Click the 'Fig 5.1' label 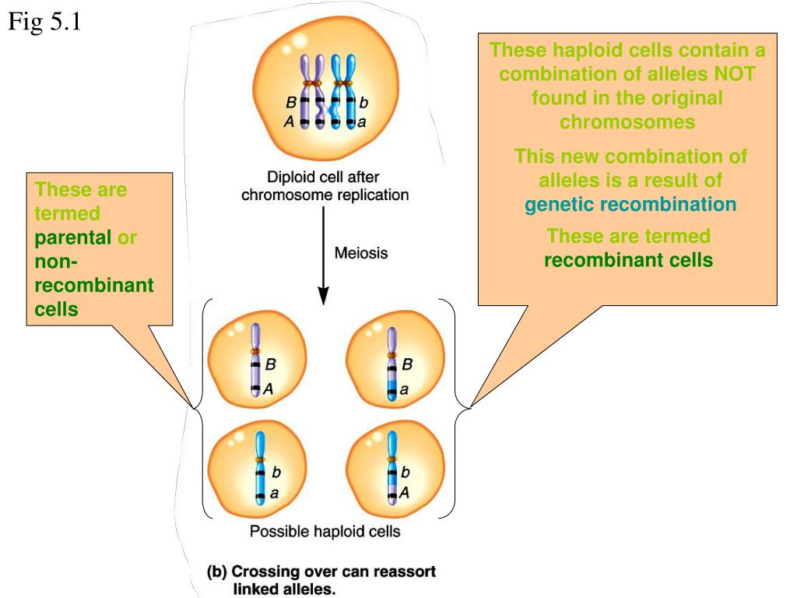click(44, 23)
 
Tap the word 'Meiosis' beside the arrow click(361, 253)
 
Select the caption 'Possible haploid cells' click(325, 531)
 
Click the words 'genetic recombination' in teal click(630, 205)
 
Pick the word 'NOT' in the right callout click(735, 74)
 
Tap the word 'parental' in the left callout click(72, 238)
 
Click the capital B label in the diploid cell click(291, 102)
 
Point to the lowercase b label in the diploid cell click(363, 103)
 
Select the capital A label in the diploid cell click(289, 121)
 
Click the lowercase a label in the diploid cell click(362, 122)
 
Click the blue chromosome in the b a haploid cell click(260, 468)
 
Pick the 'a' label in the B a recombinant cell click(404, 390)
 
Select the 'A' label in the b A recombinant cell click(404, 492)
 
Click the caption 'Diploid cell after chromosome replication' click(325, 185)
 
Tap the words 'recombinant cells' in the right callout click(628, 260)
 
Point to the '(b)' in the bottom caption click(217, 572)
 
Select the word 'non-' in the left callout click(56, 262)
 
